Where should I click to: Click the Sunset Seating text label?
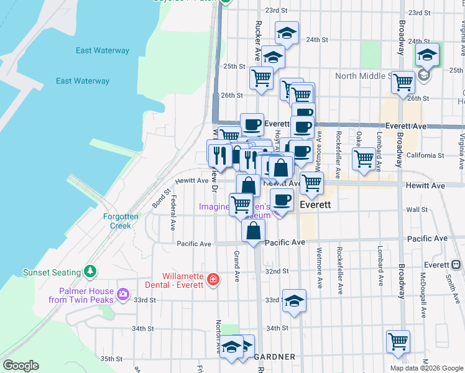click(x=52, y=272)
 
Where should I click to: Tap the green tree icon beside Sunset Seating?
click(x=91, y=272)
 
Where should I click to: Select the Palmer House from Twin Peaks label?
click(x=86, y=295)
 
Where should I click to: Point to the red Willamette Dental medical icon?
click(x=213, y=280)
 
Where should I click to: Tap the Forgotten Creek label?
click(x=121, y=221)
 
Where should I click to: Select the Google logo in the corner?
click(x=21, y=366)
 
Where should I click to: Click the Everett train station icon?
click(x=456, y=265)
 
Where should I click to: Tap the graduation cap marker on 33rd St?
click(x=294, y=301)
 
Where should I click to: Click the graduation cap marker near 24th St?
click(x=287, y=33)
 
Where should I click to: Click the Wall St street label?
click(x=414, y=210)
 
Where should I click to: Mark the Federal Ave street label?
click(x=173, y=213)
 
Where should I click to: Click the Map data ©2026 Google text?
click(x=426, y=368)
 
